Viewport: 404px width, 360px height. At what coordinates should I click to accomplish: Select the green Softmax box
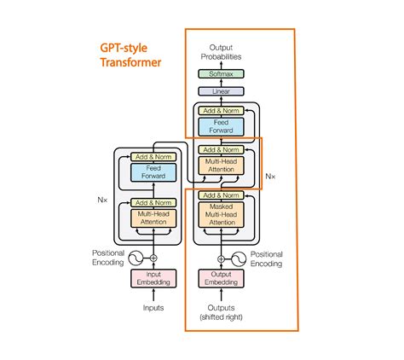tap(221, 74)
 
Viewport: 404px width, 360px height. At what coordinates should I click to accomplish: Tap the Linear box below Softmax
tap(221, 90)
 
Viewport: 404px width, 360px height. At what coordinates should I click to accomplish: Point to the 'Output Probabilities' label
tap(221, 52)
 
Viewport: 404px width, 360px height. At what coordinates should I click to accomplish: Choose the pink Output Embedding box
tap(221, 278)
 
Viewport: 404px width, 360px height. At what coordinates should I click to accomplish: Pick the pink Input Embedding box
tap(153, 278)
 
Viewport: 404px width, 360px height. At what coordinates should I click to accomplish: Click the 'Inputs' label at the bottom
tap(153, 307)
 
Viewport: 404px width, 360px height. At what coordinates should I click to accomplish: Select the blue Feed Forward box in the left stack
tap(153, 173)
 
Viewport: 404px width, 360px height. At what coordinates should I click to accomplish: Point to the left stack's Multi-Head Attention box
tap(153, 219)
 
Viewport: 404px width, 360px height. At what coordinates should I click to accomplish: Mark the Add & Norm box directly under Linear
tap(221, 110)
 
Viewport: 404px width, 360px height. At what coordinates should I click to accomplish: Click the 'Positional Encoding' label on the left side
tap(108, 258)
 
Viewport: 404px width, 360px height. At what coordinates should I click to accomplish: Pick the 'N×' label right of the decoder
tap(270, 177)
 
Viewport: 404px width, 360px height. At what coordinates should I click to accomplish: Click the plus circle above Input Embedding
tap(153, 257)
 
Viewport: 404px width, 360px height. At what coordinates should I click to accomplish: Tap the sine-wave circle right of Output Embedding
tap(240, 257)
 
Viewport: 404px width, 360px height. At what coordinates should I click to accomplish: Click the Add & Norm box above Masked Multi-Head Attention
tap(221, 195)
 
